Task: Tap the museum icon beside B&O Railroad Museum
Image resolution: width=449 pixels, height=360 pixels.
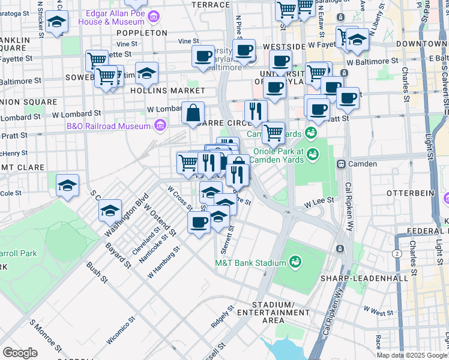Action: pyautogui.click(x=160, y=125)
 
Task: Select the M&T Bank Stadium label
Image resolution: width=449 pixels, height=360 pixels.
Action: pyautogui.click(x=250, y=263)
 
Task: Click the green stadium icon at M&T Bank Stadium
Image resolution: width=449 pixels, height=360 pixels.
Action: pyautogui.click(x=295, y=262)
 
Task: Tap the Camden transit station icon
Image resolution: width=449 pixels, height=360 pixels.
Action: pyautogui.click(x=340, y=164)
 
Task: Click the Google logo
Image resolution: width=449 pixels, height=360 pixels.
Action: pyautogui.click(x=20, y=353)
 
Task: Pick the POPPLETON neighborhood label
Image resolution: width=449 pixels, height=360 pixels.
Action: pyautogui.click(x=142, y=33)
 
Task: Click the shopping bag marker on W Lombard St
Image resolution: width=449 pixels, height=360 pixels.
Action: pyautogui.click(x=193, y=113)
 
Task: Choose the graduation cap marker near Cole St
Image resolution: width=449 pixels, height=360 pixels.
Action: pyautogui.click(x=68, y=185)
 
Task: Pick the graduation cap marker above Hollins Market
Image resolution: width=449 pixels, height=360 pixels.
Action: pyautogui.click(x=146, y=73)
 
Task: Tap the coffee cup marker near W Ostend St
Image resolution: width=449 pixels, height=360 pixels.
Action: pyautogui.click(x=199, y=223)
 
